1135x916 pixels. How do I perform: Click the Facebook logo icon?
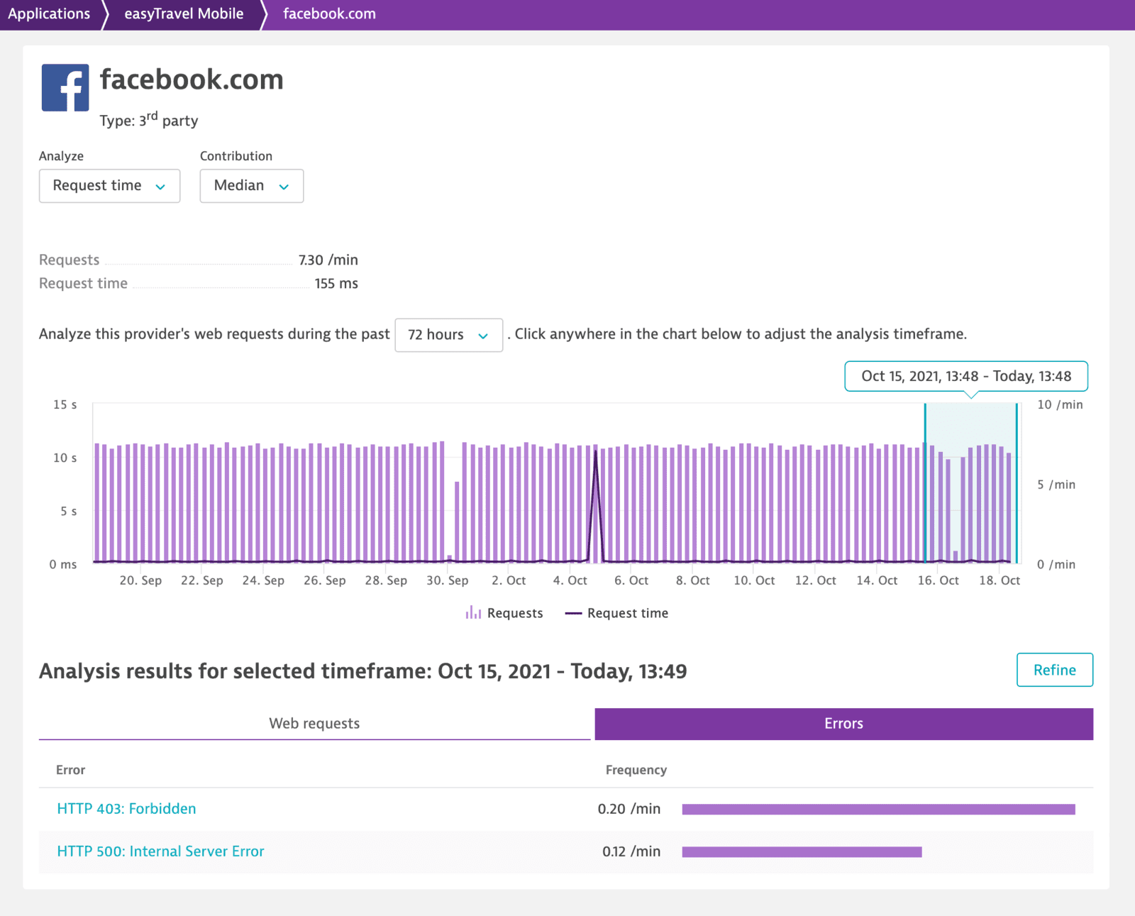coord(65,87)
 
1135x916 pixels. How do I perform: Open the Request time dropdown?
coord(109,186)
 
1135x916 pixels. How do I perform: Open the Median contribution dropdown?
coord(251,186)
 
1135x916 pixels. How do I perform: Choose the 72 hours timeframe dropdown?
coord(448,335)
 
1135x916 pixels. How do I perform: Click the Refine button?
coord(1054,670)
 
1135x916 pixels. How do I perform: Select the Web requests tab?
coord(314,724)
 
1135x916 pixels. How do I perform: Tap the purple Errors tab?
coord(843,724)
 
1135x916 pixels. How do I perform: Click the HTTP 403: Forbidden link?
coord(126,809)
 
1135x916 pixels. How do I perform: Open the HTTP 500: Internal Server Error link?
coord(160,851)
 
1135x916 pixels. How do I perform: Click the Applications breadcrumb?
coord(49,14)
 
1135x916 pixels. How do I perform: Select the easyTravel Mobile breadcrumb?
coord(184,14)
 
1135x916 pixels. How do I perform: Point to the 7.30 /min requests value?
coord(328,260)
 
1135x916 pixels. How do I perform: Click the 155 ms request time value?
coord(336,284)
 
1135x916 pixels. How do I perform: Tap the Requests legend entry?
coord(504,613)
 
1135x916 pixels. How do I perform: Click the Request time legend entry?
coord(617,613)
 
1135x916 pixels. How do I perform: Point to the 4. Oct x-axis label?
coord(570,580)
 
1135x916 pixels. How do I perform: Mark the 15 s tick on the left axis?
coord(65,404)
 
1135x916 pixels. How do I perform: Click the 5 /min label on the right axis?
coord(1056,485)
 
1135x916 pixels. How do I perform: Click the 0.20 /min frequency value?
coord(629,809)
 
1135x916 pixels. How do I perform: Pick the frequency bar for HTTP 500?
coord(802,851)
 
